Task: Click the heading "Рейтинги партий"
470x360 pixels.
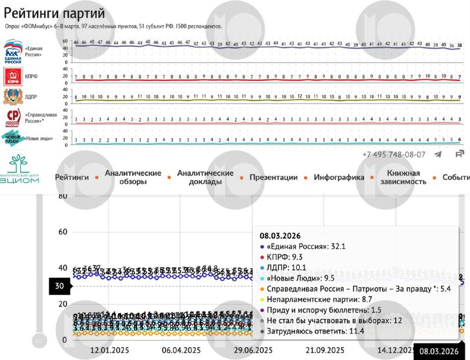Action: [x=55, y=12]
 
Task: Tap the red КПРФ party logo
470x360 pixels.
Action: [x=12, y=76]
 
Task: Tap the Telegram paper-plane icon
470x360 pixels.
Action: [x=438, y=154]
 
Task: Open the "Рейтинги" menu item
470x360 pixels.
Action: [x=72, y=177]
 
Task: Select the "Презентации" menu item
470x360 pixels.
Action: [x=273, y=177]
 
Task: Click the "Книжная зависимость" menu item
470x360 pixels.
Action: [x=403, y=177]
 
